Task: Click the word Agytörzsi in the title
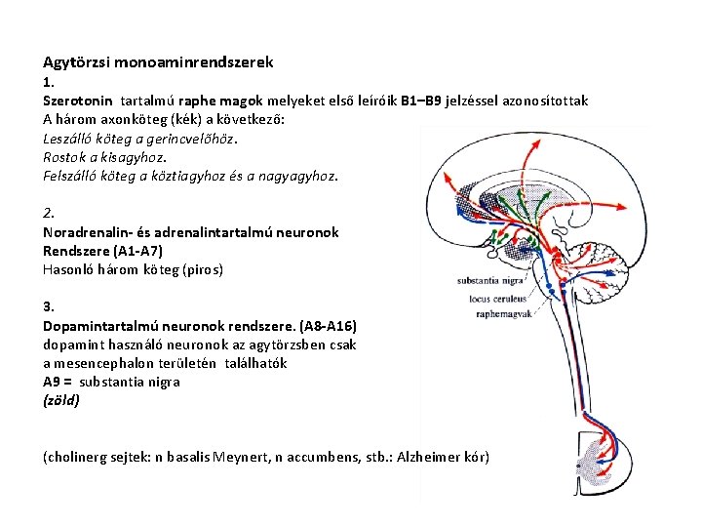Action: click(76, 62)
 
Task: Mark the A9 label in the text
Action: click(54, 382)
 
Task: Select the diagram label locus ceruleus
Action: click(498, 298)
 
